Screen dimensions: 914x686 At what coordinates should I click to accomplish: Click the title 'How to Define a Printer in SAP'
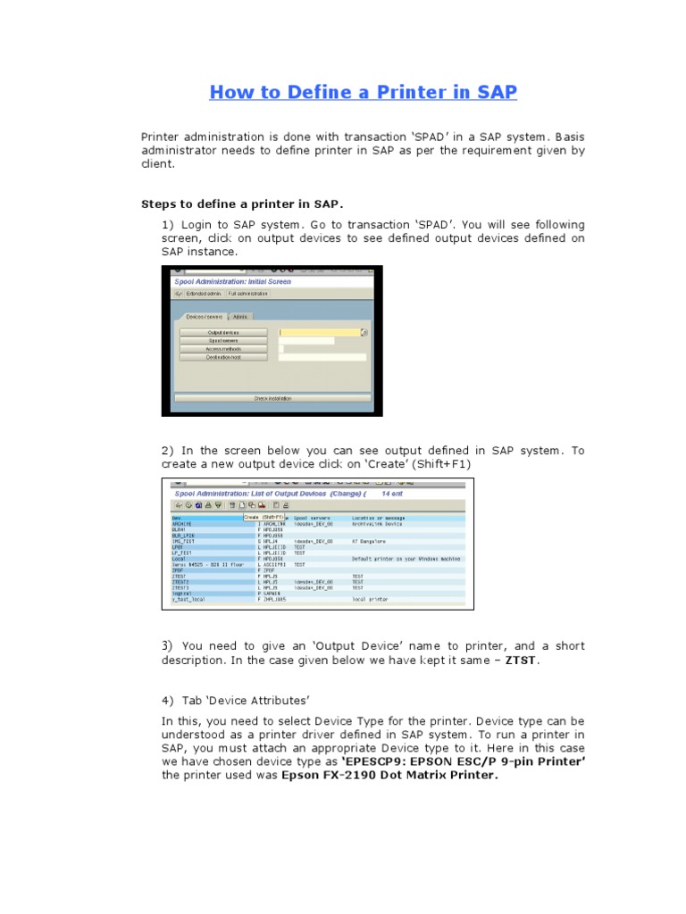tap(363, 92)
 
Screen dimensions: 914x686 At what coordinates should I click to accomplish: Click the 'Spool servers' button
tap(222, 340)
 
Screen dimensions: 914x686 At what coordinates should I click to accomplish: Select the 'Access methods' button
tap(222, 348)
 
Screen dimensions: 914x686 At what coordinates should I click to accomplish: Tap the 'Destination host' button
tap(222, 356)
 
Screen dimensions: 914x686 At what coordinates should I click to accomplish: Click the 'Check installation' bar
tap(272, 398)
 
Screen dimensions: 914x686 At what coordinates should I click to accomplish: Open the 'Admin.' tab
tap(240, 316)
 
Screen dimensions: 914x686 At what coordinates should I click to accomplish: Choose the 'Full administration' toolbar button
tap(247, 293)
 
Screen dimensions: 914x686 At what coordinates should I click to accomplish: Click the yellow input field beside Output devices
tap(319, 332)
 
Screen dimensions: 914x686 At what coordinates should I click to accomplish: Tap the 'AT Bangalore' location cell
tap(370, 540)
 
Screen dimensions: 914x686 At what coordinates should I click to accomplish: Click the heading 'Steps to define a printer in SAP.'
tap(242, 204)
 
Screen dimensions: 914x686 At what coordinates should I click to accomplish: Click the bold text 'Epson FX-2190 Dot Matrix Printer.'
tap(389, 775)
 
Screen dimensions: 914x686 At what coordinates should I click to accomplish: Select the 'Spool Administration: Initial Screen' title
tap(233, 281)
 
